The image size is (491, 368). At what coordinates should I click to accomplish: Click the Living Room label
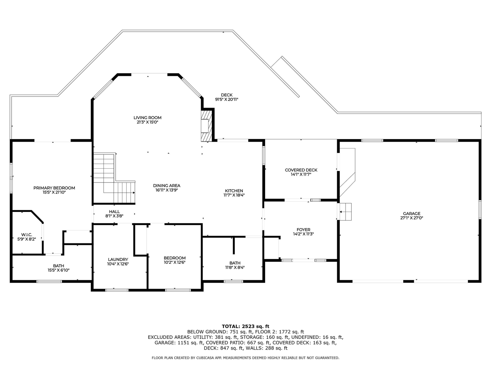click(147, 118)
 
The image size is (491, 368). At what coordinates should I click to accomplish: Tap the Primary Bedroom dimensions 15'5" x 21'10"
click(54, 193)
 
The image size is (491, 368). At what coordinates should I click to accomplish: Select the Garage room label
click(412, 214)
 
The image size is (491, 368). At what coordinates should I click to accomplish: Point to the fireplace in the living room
click(206, 126)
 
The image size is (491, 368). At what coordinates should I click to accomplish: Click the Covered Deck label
click(301, 170)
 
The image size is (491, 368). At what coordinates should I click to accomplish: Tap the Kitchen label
click(234, 191)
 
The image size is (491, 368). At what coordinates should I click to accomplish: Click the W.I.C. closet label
click(26, 235)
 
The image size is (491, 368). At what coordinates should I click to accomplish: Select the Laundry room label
click(118, 260)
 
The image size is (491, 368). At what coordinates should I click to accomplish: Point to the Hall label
click(114, 212)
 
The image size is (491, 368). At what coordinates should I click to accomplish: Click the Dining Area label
click(166, 186)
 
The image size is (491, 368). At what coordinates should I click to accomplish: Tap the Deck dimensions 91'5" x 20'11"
click(227, 100)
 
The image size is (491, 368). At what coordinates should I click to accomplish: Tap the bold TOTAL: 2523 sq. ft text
click(245, 326)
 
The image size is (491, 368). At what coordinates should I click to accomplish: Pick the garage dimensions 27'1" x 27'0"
click(412, 218)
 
